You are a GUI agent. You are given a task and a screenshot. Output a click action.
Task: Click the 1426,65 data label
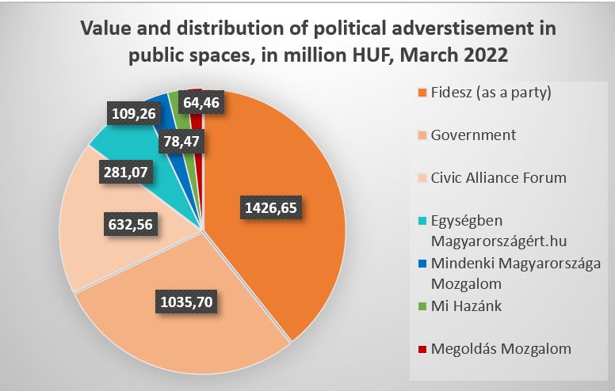272,209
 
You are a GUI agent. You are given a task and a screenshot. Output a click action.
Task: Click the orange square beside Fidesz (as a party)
422,93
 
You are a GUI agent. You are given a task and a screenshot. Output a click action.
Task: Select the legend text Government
473,135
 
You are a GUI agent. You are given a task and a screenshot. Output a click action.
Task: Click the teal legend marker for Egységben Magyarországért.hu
422,220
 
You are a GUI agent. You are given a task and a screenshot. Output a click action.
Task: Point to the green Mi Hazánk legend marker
422,306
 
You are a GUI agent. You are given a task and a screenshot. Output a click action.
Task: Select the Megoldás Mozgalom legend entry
501,348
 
